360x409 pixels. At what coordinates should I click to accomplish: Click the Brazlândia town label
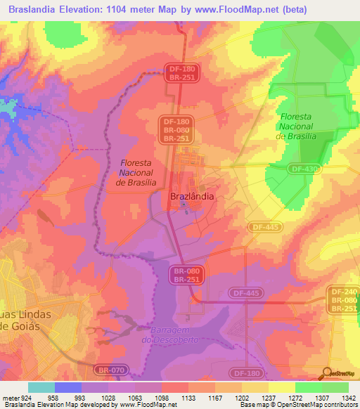click(x=192, y=197)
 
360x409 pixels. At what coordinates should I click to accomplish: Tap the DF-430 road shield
click(x=304, y=168)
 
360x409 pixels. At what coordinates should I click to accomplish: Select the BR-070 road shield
click(x=111, y=368)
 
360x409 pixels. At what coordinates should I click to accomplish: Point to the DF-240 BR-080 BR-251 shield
click(x=344, y=300)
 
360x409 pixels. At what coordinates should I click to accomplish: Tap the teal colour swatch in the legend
click(x=41, y=387)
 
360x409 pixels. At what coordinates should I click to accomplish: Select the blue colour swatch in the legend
click(x=67, y=387)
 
